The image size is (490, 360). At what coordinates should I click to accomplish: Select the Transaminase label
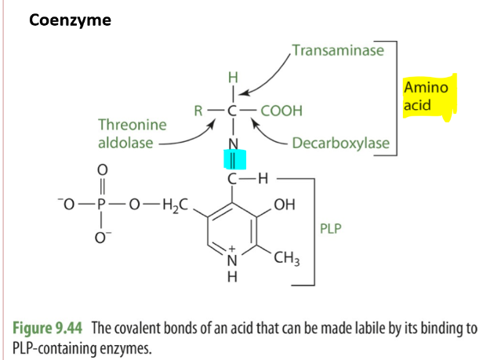(x=338, y=51)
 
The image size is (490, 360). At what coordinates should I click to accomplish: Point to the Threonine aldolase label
(x=132, y=133)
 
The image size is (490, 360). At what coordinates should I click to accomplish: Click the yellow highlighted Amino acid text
(x=426, y=95)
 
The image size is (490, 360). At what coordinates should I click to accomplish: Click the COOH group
(x=281, y=111)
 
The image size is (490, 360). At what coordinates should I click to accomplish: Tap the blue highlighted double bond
(x=236, y=161)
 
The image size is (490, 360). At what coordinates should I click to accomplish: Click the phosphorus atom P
(x=100, y=206)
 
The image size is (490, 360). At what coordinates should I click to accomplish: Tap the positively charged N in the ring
(x=231, y=258)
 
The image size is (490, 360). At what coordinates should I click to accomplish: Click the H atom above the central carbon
(x=232, y=78)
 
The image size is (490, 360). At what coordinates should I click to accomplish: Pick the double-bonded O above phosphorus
(x=100, y=169)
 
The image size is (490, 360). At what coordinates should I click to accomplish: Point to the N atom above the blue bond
(x=232, y=144)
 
